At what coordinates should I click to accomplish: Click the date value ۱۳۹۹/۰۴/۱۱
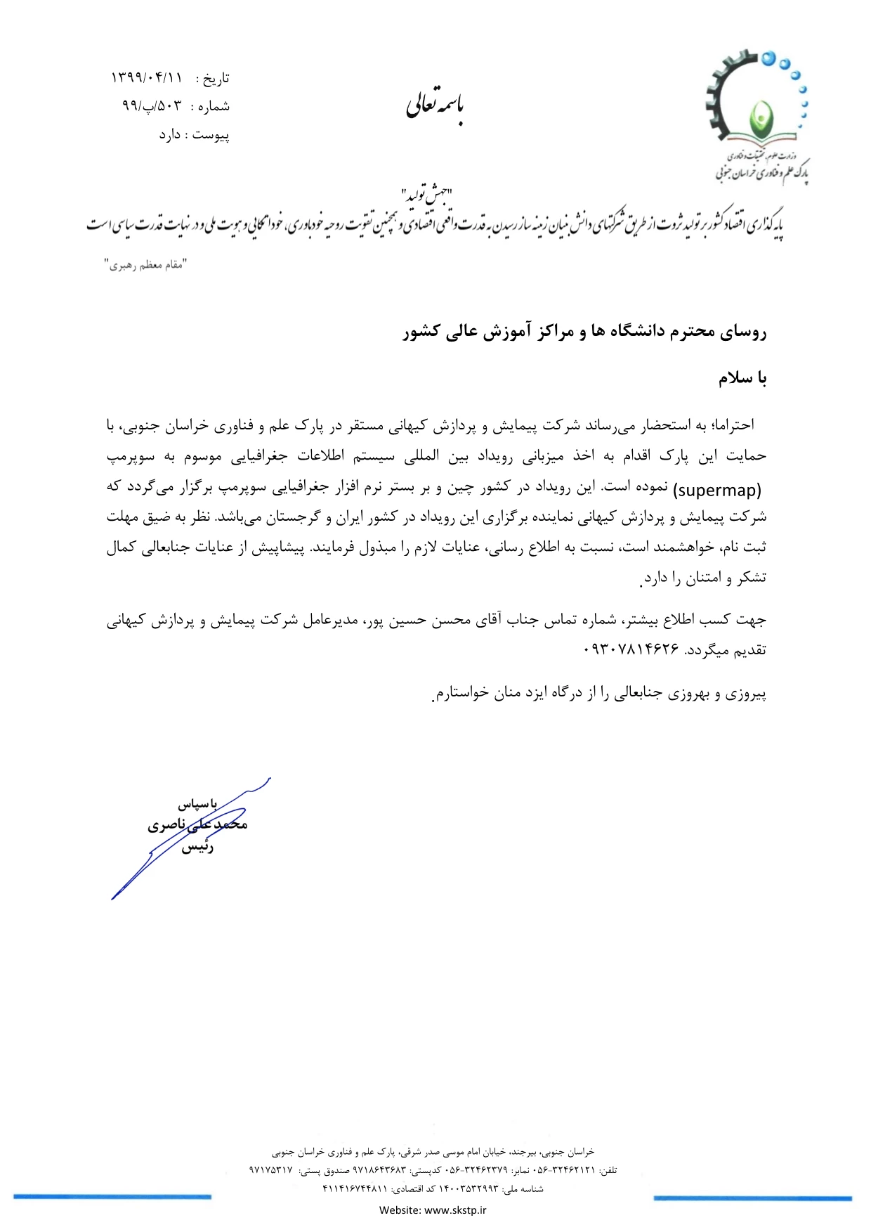[x=146, y=78]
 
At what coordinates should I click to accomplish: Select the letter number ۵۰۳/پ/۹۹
[x=152, y=106]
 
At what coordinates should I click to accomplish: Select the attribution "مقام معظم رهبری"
[x=146, y=265]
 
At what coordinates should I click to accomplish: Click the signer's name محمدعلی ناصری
[x=197, y=824]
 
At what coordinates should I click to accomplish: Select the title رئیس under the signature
[x=197, y=848]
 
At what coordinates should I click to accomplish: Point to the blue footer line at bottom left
[x=112, y=1197]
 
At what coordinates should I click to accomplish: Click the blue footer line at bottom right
[x=752, y=1198]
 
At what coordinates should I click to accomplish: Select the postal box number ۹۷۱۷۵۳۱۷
[x=270, y=1170]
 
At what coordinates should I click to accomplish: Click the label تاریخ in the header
[x=216, y=79]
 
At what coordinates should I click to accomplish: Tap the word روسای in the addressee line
[x=742, y=332]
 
